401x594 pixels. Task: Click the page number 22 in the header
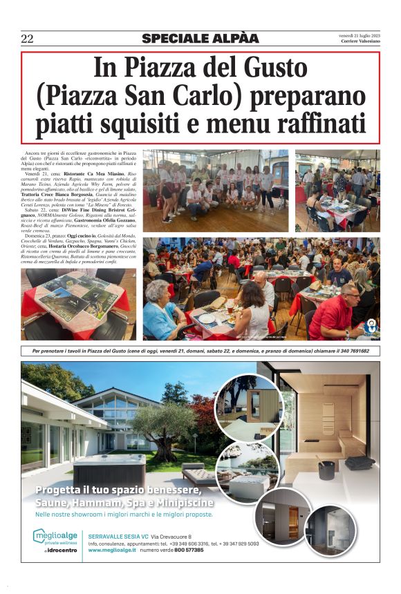point(28,39)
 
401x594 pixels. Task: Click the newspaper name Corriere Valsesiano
point(360,42)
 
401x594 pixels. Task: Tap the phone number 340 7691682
point(350,351)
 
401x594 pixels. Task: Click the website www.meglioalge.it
point(114,550)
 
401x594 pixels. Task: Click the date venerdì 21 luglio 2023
point(359,35)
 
